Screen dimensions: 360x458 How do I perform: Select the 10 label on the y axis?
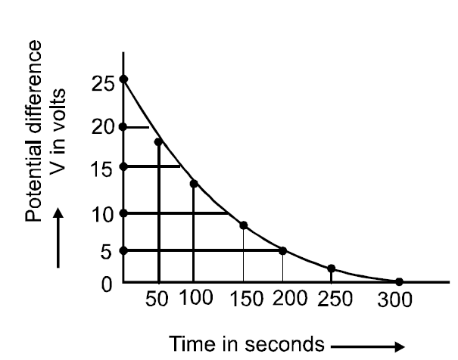pyautogui.click(x=101, y=214)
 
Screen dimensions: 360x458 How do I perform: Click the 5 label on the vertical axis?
pyautogui.click(x=106, y=252)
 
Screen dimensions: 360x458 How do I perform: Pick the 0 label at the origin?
pyautogui.click(x=106, y=284)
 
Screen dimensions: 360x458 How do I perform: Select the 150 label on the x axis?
pyautogui.click(x=242, y=298)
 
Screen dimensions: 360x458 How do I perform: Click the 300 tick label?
pyautogui.click(x=395, y=299)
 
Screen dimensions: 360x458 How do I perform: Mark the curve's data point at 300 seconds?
pyautogui.click(x=399, y=282)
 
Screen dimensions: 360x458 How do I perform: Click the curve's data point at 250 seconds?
pyautogui.click(x=332, y=268)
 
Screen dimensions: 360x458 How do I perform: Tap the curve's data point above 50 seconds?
pyautogui.click(x=158, y=141)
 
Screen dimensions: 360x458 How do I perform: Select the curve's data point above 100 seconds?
pyautogui.click(x=194, y=184)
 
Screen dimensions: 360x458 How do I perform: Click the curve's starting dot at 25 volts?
pyautogui.click(x=123, y=79)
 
